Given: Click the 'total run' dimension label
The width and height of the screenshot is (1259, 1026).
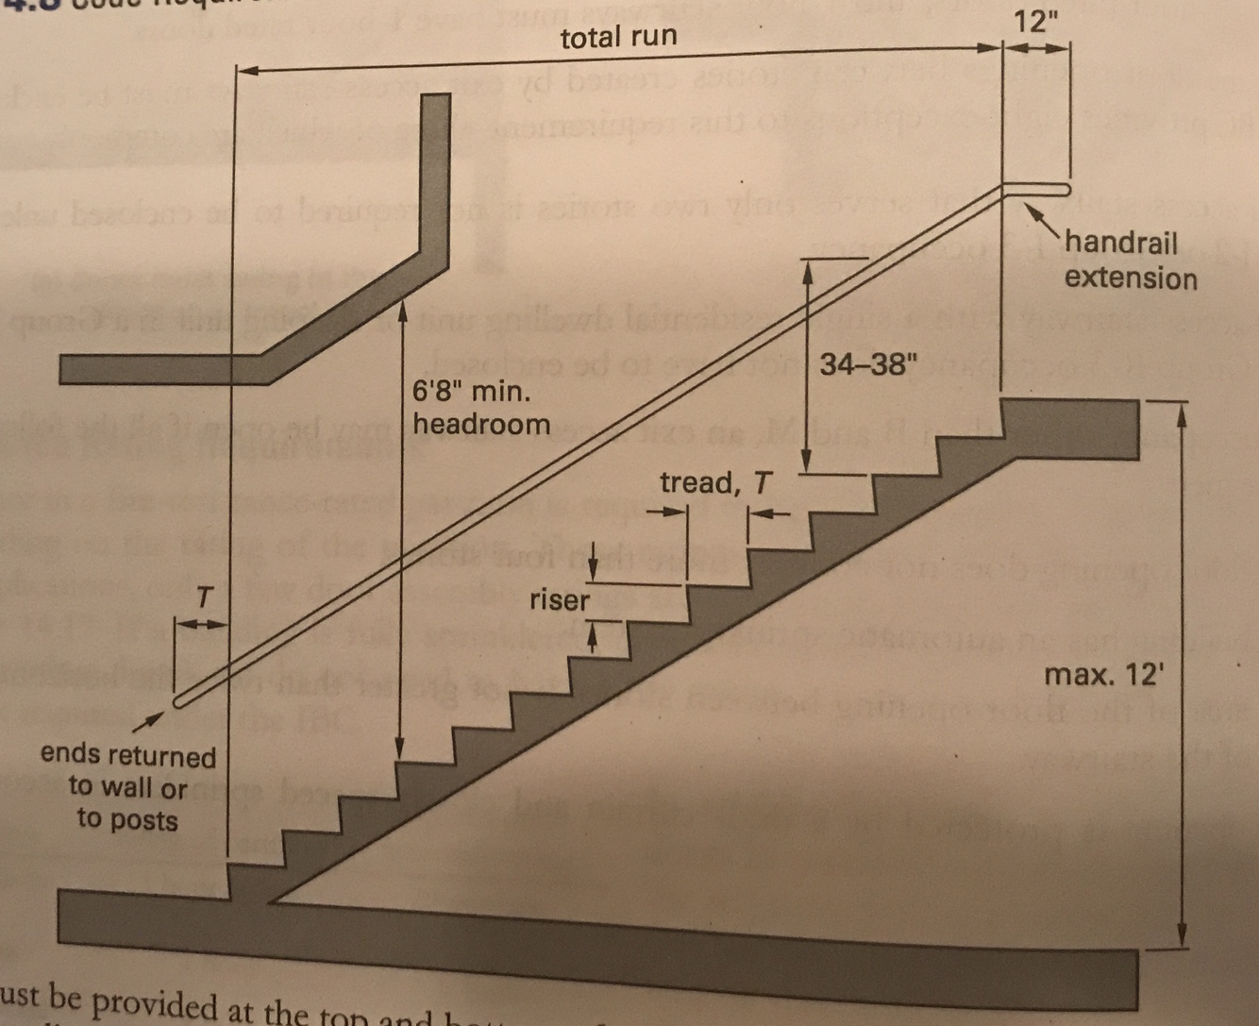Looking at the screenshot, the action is pyautogui.click(x=617, y=38).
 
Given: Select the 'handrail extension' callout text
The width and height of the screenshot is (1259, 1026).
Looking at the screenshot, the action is pyautogui.click(x=1130, y=261).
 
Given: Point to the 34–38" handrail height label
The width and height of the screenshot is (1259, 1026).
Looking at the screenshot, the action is pyautogui.click(x=867, y=364).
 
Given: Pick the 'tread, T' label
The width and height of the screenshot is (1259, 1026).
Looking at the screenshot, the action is pyautogui.click(x=714, y=483).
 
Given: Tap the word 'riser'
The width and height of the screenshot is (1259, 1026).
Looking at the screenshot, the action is pyautogui.click(x=559, y=599).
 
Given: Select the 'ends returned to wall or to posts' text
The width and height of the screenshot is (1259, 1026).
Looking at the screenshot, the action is pyautogui.click(x=127, y=787).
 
